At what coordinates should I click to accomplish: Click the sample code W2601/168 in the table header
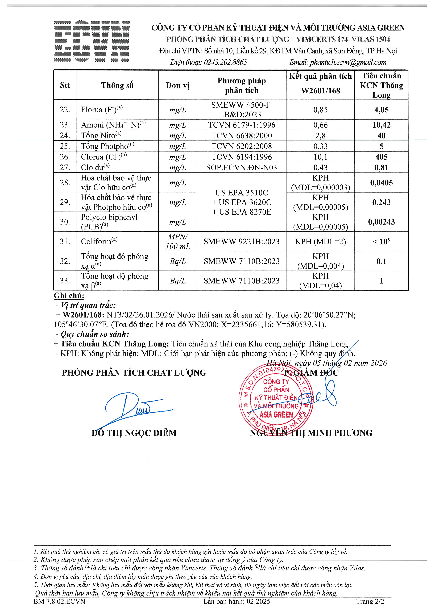point(320,91)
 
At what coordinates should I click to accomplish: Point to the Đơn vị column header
point(177,85)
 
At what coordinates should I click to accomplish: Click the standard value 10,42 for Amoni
point(381,125)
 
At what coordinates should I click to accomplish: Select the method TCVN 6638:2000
point(242,136)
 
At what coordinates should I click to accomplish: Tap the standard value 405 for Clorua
point(381,157)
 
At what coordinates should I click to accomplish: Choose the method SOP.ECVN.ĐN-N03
point(242,167)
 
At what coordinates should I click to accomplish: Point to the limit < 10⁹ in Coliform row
point(381,241)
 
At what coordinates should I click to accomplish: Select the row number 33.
point(65,281)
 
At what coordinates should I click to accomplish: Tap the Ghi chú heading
point(69,296)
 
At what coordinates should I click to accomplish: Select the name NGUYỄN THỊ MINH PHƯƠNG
point(311,433)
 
